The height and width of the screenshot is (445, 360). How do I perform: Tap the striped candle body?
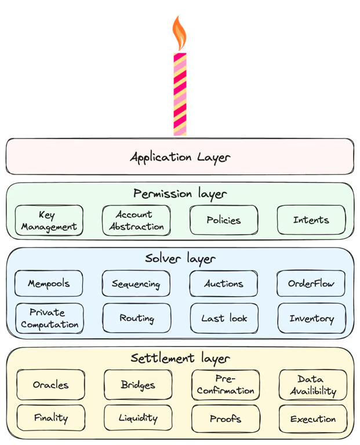point(180,93)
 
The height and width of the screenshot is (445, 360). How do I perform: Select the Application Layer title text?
point(180,156)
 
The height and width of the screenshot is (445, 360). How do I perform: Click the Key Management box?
point(49,221)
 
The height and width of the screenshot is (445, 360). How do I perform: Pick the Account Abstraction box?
point(136,221)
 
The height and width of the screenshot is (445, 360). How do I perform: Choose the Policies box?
point(223,220)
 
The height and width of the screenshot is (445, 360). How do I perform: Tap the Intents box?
point(311,220)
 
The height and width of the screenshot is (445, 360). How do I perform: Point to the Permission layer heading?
point(180,193)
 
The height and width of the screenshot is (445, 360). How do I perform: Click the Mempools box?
point(49,284)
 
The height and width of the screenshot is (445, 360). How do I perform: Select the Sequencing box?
point(136,284)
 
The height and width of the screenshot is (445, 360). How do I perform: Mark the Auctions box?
point(223,284)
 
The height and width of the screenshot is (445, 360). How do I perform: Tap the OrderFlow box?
point(311,284)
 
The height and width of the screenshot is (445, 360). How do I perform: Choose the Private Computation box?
point(49,318)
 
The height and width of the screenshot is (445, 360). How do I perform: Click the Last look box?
point(224,318)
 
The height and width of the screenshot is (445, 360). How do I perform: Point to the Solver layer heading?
point(180,258)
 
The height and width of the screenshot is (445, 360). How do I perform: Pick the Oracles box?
point(50,385)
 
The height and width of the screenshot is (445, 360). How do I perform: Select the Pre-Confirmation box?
point(225,384)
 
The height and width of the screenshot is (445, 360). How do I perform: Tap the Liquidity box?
point(137,418)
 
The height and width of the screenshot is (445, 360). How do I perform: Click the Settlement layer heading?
point(180,359)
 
